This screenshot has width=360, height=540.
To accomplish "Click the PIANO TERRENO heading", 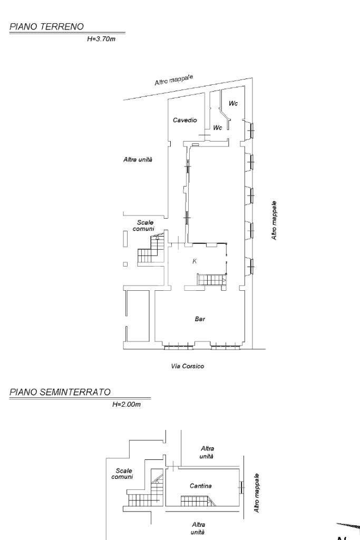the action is [46, 27].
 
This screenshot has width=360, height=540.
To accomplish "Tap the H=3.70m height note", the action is [101, 39].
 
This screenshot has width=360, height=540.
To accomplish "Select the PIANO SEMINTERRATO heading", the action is [60, 392].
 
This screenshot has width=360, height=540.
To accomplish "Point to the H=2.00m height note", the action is [127, 404].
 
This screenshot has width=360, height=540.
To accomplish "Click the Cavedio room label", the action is [184, 120].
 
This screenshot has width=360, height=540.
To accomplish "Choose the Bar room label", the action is [200, 319].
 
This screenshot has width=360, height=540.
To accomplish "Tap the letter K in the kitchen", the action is [194, 261].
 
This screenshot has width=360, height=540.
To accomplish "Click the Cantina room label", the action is [200, 486].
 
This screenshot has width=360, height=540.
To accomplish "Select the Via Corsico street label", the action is [188, 366].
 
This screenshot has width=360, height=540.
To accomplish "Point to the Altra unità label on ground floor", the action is [138, 160].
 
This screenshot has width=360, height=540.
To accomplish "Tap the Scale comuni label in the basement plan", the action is [123, 474].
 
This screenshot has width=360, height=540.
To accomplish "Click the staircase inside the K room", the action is [211, 279].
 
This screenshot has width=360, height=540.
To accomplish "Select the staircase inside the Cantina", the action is [198, 500].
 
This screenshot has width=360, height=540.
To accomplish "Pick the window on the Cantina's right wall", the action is [241, 487].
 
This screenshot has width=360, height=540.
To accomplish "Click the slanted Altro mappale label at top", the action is [173, 80].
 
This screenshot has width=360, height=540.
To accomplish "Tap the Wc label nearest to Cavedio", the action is [217, 128].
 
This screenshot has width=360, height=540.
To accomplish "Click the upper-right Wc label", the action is [233, 103].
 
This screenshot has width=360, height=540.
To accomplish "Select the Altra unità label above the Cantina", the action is [207, 452].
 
